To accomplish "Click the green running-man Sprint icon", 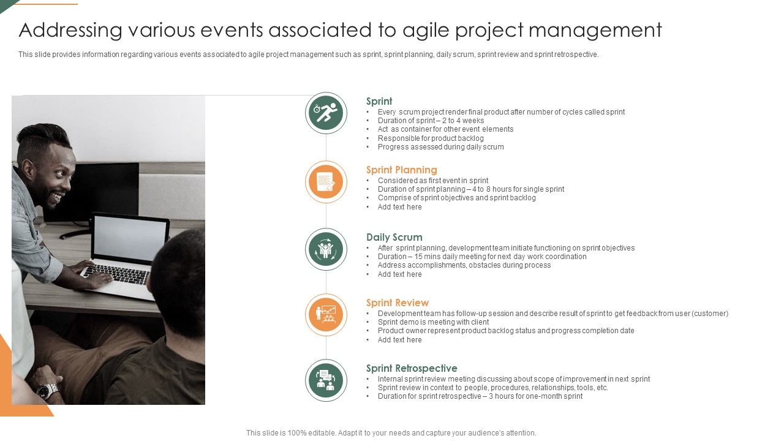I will [326, 113].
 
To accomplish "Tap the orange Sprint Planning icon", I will [326, 182].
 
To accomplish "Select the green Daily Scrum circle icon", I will [326, 249].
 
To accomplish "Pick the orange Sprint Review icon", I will [326, 315].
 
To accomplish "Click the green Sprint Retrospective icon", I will [326, 380].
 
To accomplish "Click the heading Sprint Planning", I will [401, 170].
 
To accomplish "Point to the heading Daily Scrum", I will [394, 237].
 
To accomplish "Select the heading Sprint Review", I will [397, 303].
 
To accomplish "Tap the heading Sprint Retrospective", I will [411, 368].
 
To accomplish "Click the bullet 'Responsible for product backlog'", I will [430, 138].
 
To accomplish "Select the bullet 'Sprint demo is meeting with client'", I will [433, 322].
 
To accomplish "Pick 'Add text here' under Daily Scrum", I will [399, 274].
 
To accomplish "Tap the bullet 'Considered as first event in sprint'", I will [432, 181].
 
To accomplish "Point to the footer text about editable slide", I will [391, 432].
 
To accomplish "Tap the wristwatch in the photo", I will [47, 390].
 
